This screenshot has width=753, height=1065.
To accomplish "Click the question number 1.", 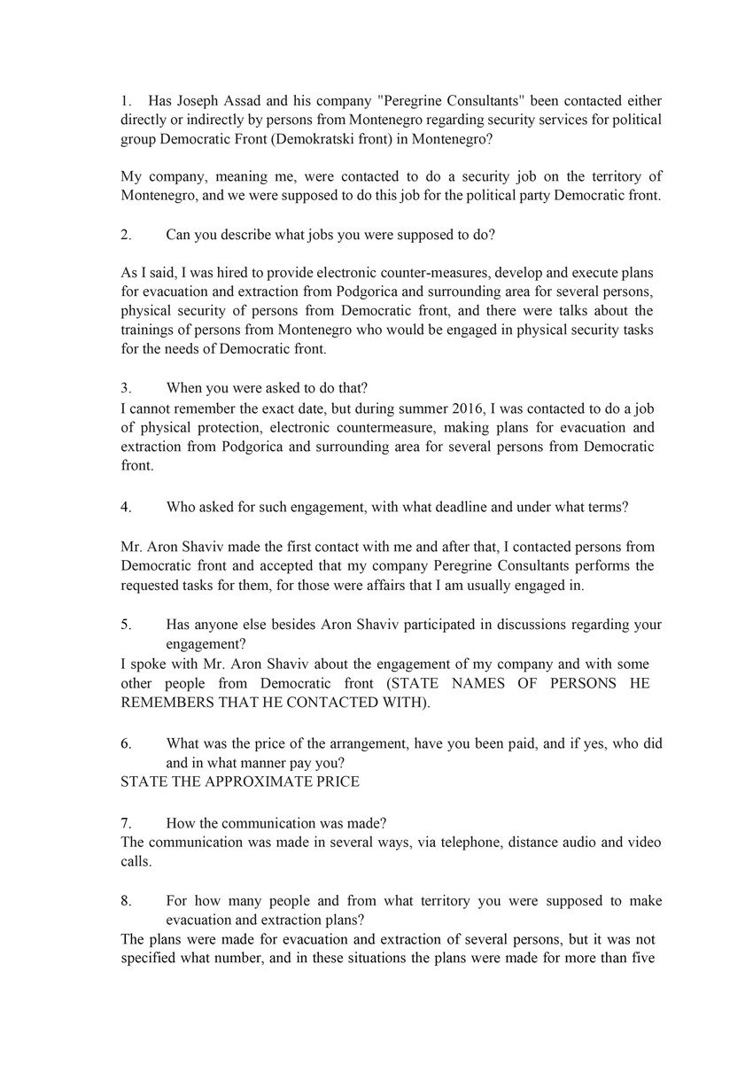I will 126,101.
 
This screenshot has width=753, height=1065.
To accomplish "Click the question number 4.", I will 126,507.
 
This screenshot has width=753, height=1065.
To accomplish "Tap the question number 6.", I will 126,742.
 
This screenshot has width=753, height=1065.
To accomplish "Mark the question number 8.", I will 126,900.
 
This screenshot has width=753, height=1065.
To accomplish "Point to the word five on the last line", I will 641,959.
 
